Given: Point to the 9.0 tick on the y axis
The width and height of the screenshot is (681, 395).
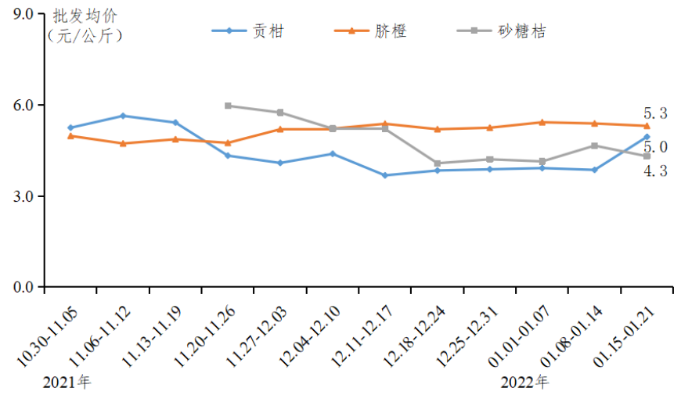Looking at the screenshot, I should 23,14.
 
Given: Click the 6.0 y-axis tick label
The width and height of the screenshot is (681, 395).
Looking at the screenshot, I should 23,105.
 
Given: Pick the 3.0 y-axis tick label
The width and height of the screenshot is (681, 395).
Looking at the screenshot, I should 23,196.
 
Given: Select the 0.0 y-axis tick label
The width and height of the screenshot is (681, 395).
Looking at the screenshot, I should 23,287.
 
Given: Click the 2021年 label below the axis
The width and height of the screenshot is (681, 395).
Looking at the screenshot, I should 67,382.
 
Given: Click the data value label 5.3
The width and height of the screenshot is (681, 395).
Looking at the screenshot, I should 655,114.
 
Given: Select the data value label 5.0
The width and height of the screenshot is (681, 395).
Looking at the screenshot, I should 655,147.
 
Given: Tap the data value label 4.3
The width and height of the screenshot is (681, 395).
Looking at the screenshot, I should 655,171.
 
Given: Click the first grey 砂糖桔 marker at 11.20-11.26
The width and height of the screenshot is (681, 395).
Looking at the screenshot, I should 228,106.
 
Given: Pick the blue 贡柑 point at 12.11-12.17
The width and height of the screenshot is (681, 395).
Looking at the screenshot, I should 385,175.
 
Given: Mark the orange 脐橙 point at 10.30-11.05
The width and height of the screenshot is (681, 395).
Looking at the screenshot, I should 70,136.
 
